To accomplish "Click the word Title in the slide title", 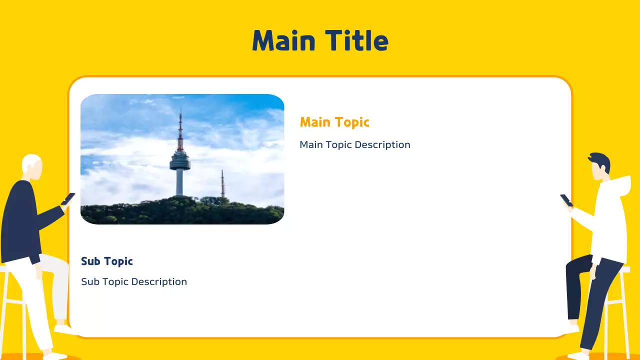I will coord(356,40).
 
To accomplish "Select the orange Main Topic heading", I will coord(334,122).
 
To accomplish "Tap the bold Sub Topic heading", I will coord(107,261).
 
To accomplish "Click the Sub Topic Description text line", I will coord(134,282).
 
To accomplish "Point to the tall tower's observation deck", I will coord(180,161).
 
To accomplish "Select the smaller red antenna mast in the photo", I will coord(222,184).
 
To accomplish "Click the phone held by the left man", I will coord(68,198).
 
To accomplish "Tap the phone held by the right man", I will coord(566,200).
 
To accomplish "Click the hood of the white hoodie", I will coord(620,184).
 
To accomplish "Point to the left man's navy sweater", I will coord(22,220).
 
